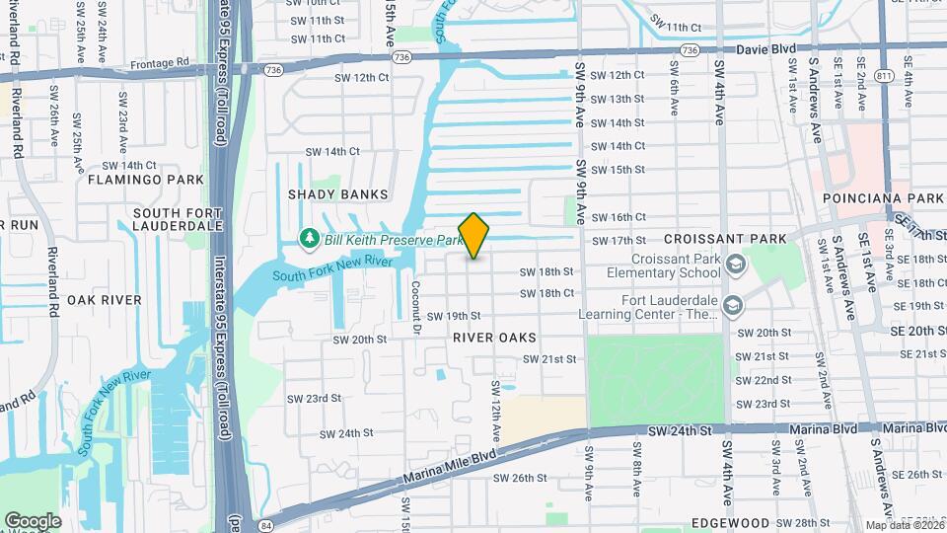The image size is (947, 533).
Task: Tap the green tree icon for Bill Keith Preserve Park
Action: tap(308, 239)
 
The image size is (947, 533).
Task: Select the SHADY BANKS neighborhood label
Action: tap(337, 194)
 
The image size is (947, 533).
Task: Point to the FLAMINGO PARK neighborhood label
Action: tap(145, 180)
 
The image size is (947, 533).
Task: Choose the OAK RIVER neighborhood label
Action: tap(105, 299)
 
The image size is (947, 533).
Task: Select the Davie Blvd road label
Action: tap(765, 48)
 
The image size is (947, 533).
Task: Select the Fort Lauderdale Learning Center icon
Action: tap(732, 307)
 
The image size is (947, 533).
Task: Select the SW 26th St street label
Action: tap(521, 478)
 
